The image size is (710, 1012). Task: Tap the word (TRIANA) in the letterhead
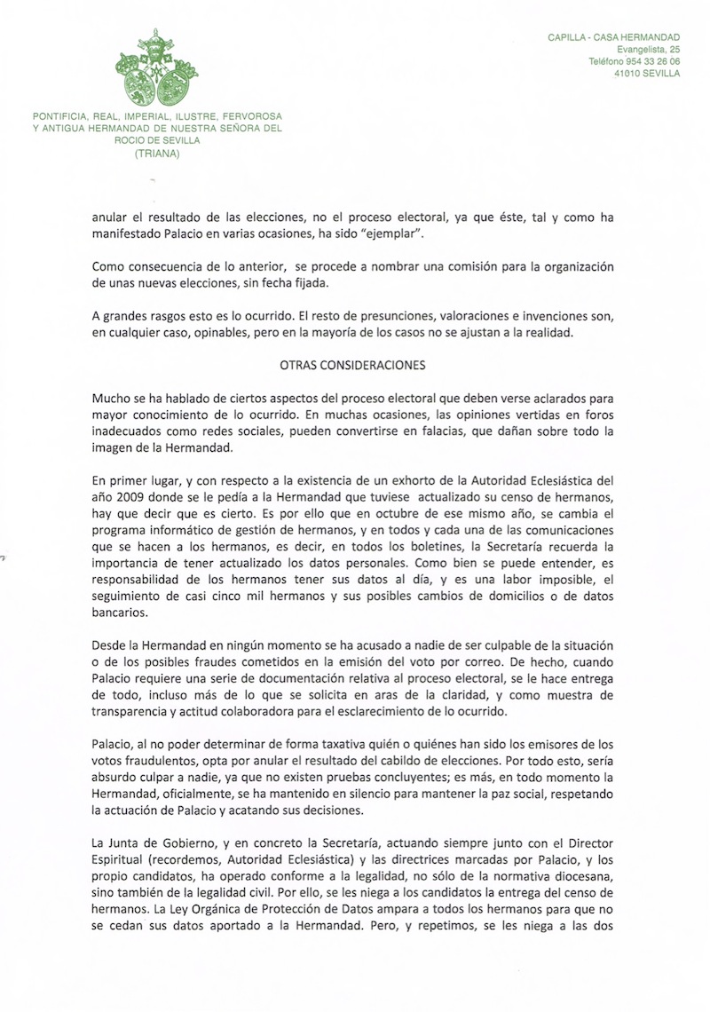[x=156, y=153]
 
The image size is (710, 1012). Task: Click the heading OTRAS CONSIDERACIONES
[x=352, y=364]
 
